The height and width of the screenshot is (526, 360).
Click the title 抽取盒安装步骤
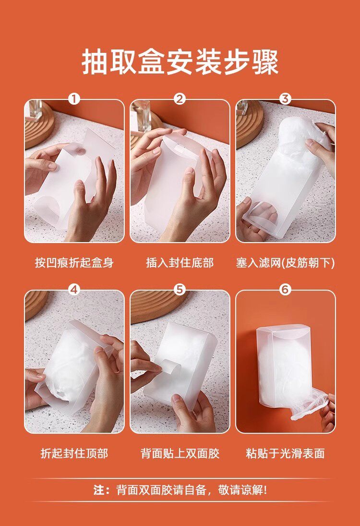coord(180,62)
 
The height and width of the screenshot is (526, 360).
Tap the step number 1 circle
coord(74,99)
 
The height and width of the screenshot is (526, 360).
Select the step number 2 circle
coord(180,99)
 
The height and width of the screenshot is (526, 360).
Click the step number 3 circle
coord(285,99)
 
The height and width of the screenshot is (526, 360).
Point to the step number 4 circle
coord(74,290)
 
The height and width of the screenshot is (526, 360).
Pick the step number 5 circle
coord(180,290)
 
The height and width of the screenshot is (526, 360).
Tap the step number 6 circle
coord(285,290)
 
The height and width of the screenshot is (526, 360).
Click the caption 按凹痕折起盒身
coord(74,262)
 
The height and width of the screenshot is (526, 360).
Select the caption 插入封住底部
coord(180,262)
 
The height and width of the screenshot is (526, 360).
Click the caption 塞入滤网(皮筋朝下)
coord(285,263)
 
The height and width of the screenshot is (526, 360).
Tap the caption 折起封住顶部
coord(74,453)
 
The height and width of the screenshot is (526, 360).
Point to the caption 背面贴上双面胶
coord(180,453)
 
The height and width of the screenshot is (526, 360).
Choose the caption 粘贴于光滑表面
coord(285,453)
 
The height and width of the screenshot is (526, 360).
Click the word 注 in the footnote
coord(99,490)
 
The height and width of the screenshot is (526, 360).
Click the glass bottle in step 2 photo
coord(142,116)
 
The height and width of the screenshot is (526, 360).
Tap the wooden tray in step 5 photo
coord(157,305)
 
